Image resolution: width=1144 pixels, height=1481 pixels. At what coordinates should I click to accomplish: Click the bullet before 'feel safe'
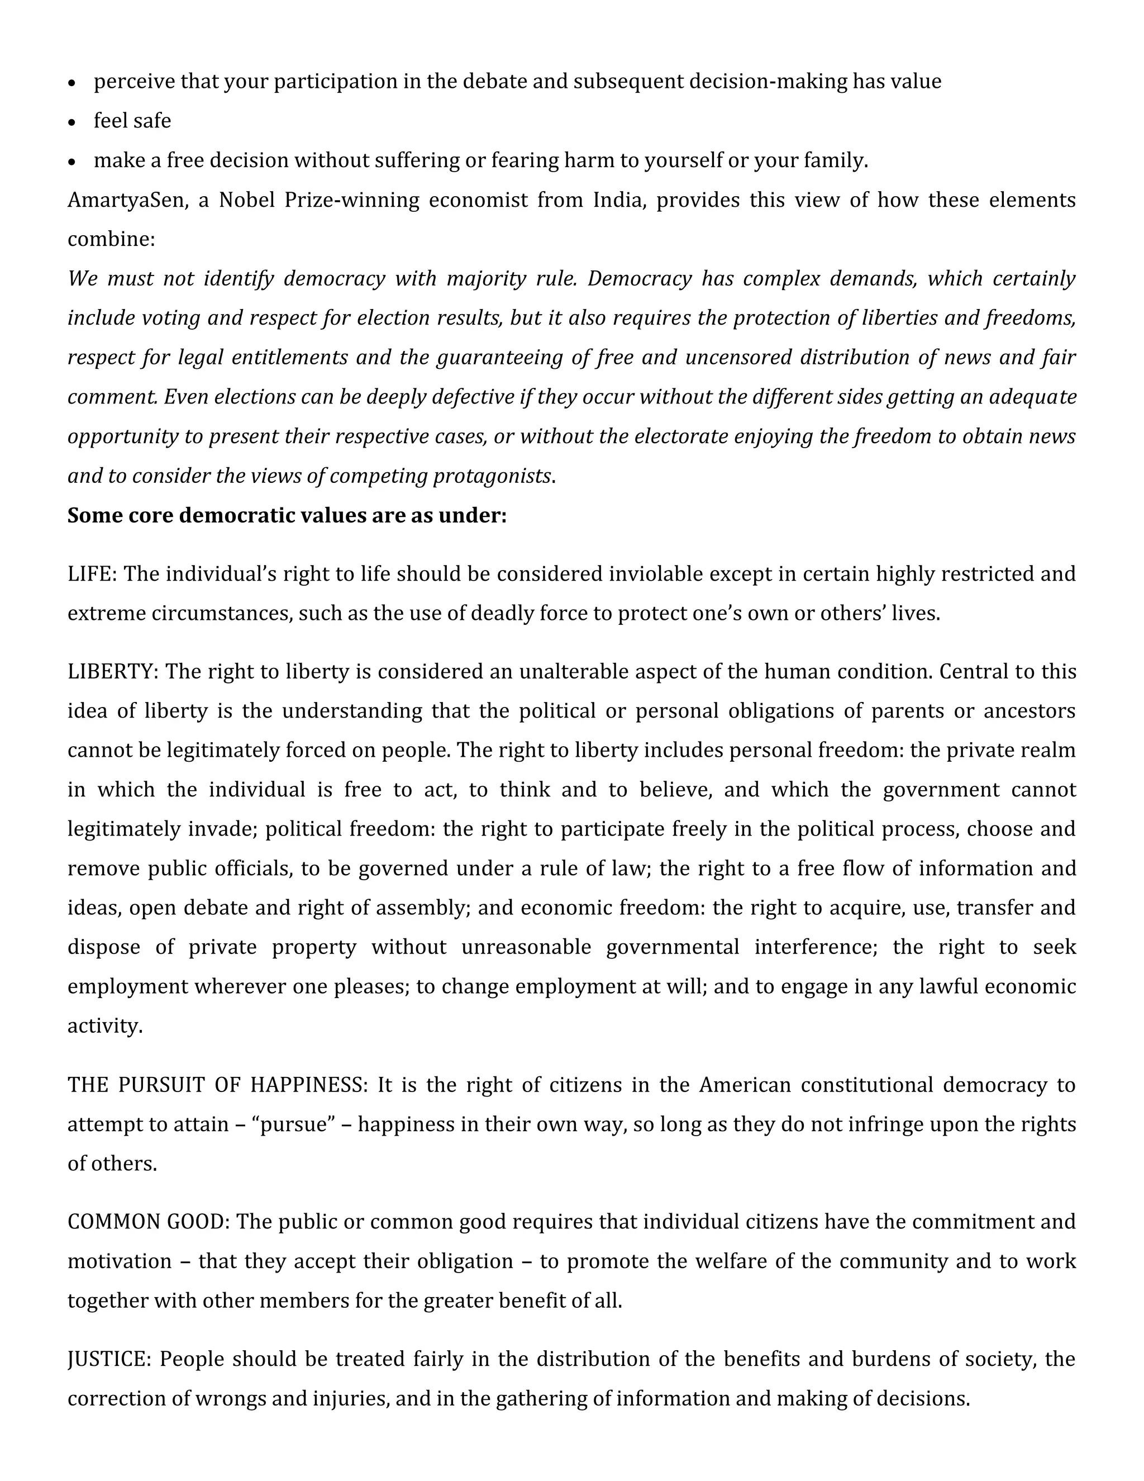coord(73,122)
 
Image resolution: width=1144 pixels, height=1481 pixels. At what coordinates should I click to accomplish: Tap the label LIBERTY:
coord(112,672)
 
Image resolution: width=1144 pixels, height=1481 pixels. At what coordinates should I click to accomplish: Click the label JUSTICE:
coord(108,1359)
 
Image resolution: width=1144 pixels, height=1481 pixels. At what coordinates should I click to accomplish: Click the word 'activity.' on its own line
coord(105,1026)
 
